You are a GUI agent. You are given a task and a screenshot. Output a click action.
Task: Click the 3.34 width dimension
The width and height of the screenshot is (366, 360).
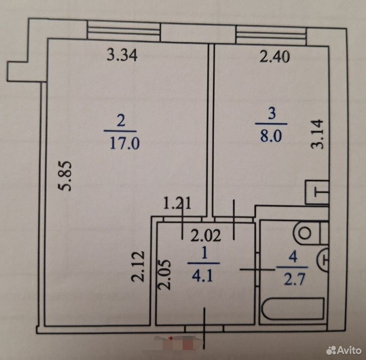click(122, 55)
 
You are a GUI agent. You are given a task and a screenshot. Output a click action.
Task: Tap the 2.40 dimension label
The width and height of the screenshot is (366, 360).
click(274, 57)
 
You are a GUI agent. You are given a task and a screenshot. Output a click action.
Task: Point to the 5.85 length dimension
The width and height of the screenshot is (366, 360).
click(64, 176)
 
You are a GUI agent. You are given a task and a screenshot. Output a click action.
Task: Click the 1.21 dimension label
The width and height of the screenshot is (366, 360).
click(177, 203)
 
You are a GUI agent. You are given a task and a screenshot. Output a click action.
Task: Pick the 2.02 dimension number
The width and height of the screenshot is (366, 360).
click(205, 235)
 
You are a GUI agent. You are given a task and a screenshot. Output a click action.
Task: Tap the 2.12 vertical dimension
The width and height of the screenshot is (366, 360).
click(138, 266)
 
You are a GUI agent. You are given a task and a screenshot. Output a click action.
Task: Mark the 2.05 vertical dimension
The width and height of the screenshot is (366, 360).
click(164, 275)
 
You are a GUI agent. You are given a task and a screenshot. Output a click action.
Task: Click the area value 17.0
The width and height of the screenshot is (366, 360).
click(124, 143)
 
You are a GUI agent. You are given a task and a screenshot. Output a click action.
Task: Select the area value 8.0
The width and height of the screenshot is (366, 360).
click(271, 136)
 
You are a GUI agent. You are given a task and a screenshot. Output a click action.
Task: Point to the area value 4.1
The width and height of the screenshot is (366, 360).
click(202, 276)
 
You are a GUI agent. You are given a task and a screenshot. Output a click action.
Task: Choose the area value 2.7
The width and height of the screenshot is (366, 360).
click(294, 279)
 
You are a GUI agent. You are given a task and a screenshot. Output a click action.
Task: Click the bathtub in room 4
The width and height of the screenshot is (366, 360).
click(293, 308)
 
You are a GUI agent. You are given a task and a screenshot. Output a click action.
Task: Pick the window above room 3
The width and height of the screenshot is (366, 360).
click(271, 35)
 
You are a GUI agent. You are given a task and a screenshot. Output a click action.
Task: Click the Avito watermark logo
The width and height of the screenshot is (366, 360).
click(343, 350)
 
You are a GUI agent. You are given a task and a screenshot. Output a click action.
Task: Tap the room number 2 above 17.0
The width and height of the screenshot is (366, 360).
click(121, 121)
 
